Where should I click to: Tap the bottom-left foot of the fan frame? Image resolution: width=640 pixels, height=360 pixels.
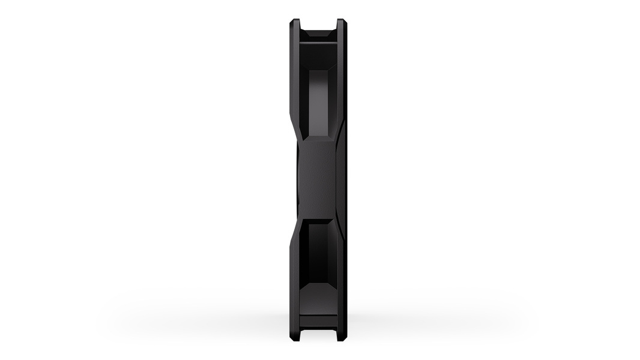coord(294,338)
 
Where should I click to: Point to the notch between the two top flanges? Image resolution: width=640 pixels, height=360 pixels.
coord(318,24)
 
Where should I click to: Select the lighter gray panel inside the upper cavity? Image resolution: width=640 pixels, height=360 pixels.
coord(319,102)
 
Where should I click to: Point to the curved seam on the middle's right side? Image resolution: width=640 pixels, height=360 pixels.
coord(341,180)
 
